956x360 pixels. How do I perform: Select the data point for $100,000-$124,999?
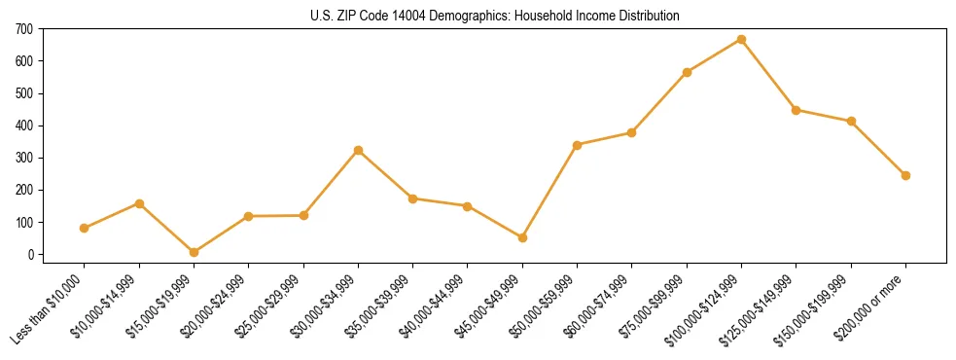click(741, 40)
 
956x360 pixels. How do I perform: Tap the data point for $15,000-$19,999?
click(194, 252)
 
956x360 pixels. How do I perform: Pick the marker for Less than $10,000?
click(84, 228)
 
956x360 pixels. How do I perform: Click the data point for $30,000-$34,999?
click(358, 150)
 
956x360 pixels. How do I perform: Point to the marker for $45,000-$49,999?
click(522, 237)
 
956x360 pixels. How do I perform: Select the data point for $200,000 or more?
click(905, 175)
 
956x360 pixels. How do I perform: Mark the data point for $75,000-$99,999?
click(687, 72)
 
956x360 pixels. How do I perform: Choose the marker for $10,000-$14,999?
click(139, 203)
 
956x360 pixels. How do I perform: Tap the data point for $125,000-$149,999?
click(796, 110)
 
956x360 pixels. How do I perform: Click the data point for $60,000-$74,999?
click(632, 132)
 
